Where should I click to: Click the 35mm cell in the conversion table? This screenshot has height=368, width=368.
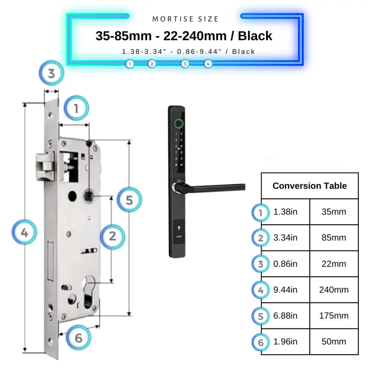(334, 212)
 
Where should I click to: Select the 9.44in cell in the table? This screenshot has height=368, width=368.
(286, 290)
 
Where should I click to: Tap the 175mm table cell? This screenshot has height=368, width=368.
(334, 316)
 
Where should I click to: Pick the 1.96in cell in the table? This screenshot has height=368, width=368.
(286, 342)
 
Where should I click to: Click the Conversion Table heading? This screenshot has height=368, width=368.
(309, 186)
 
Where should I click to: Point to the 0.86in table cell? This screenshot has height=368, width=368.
(286, 264)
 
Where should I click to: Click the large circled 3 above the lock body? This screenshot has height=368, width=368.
(52, 73)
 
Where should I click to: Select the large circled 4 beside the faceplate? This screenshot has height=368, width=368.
(24, 233)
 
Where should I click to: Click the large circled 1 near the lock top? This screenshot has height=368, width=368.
(76, 108)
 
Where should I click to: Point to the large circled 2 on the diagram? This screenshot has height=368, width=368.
(113, 236)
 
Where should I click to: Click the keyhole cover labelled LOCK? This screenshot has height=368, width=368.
(179, 232)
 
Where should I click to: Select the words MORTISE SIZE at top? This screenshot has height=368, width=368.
(185, 19)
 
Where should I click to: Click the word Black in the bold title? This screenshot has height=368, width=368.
(255, 36)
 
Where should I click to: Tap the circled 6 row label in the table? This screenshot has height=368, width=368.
(261, 343)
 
